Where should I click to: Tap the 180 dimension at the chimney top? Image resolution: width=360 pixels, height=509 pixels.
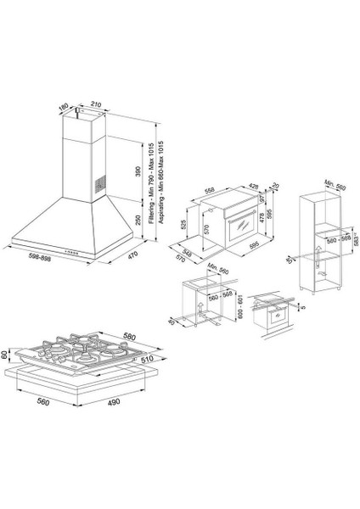coord(63,108)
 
